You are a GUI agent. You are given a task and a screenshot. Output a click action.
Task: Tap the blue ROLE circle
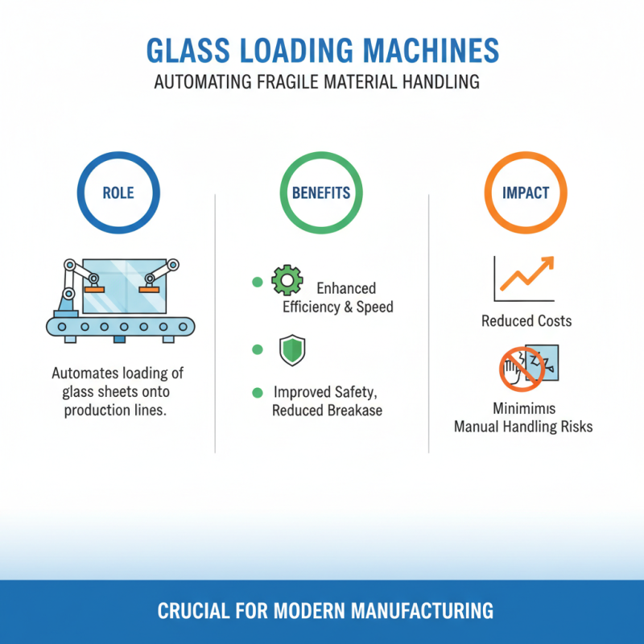[118, 193]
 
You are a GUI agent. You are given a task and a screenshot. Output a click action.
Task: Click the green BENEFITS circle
[320, 193]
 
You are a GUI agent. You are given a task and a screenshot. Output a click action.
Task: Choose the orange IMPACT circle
[526, 193]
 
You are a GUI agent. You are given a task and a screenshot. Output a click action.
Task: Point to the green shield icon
[290, 350]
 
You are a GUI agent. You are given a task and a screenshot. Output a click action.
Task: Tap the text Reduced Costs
[526, 321]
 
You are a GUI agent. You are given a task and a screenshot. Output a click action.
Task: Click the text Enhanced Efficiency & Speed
[338, 298]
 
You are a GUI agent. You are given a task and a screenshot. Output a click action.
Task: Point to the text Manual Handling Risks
[523, 427]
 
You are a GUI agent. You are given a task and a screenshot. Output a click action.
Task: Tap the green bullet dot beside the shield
[258, 349]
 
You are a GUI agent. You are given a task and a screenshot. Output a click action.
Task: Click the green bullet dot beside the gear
[258, 282]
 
